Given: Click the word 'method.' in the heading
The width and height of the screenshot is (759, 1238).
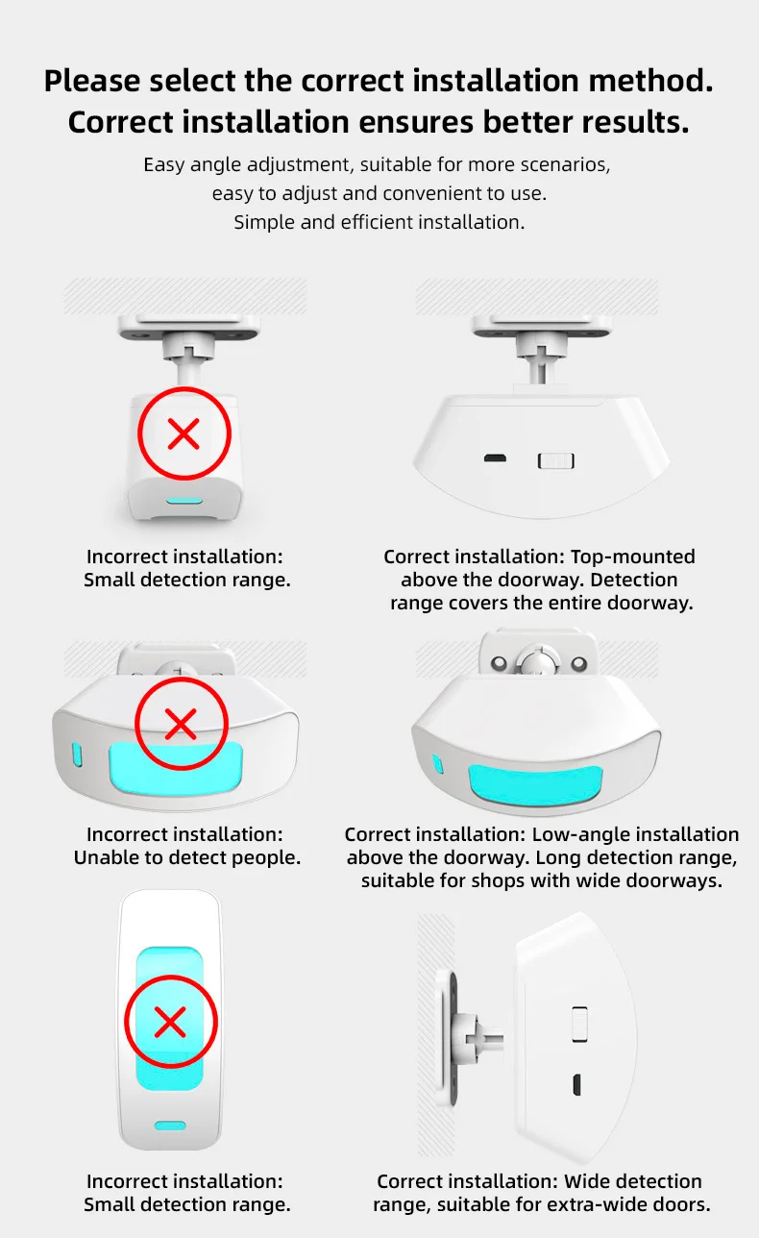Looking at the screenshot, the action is click(650, 81).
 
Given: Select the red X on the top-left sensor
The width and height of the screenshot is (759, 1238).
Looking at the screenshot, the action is click(184, 433).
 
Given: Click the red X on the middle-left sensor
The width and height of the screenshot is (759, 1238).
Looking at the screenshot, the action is click(181, 724).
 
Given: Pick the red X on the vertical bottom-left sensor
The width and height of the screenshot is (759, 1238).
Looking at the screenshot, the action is click(170, 1022).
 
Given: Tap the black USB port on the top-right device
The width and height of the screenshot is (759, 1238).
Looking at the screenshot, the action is click(495, 458).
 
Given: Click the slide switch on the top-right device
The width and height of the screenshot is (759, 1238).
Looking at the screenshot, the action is click(555, 461).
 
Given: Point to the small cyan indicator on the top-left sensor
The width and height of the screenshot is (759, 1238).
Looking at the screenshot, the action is click(184, 501).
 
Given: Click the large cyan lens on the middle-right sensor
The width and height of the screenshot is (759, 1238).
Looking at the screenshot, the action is click(535, 784).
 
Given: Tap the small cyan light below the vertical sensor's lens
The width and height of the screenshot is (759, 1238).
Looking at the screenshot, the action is click(170, 1126).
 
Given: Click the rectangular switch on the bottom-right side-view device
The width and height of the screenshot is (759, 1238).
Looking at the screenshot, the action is click(579, 1024).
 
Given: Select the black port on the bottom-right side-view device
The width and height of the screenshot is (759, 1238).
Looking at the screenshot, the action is click(576, 1084).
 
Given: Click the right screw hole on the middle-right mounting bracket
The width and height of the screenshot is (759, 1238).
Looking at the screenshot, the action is click(579, 662).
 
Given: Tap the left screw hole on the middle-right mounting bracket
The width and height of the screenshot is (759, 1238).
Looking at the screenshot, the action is click(499, 662).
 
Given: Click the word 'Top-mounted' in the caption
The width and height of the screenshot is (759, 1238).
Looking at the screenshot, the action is click(632, 557).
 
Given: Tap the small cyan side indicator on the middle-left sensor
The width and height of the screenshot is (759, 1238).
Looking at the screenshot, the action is click(77, 755).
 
